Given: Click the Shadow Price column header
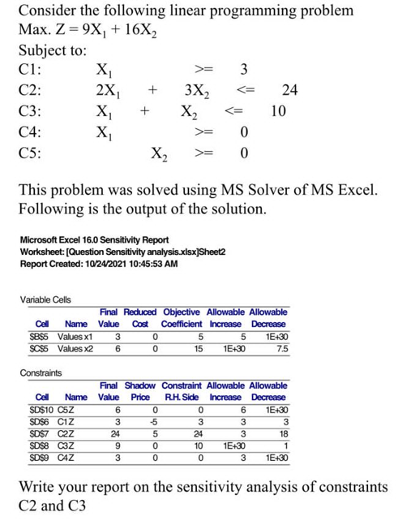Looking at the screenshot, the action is coord(139,391).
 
